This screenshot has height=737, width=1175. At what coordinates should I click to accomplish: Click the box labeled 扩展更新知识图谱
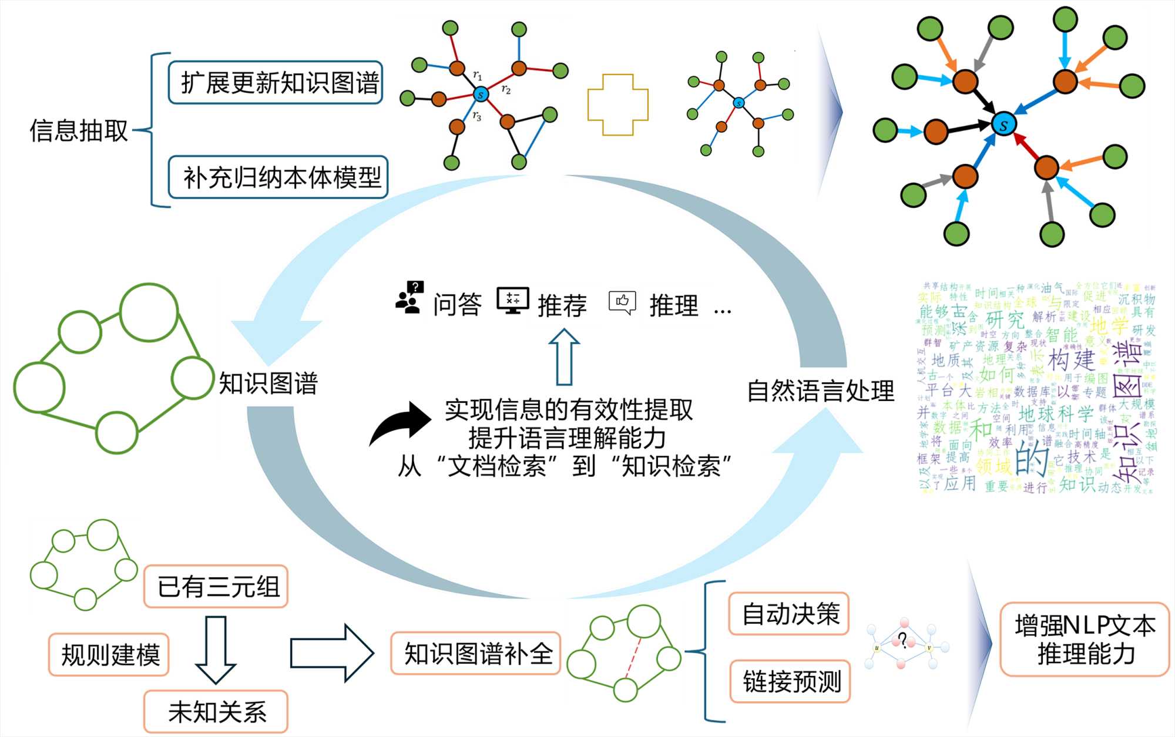tap(276, 83)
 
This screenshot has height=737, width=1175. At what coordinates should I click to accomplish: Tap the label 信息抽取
tap(79, 130)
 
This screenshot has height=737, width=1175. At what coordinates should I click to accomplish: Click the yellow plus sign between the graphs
tap(618, 105)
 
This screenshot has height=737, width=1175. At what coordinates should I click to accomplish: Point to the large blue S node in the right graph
tap(1003, 124)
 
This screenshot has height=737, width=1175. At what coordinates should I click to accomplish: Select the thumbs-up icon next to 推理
tap(622, 302)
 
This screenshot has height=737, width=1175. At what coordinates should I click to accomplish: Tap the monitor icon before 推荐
tap(512, 301)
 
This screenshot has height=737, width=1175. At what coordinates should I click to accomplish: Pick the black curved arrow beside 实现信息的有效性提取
tap(401, 424)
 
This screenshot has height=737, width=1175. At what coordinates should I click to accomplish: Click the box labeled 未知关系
tap(216, 712)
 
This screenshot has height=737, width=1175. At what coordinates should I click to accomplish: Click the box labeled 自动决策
tap(789, 614)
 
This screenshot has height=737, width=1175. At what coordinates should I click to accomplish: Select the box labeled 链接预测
tap(790, 682)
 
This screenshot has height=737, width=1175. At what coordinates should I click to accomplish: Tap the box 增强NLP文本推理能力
tap(1085, 640)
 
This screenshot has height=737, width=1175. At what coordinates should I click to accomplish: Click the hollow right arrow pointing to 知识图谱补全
tap(332, 653)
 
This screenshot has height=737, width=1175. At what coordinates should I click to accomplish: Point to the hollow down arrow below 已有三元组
tap(216, 649)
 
